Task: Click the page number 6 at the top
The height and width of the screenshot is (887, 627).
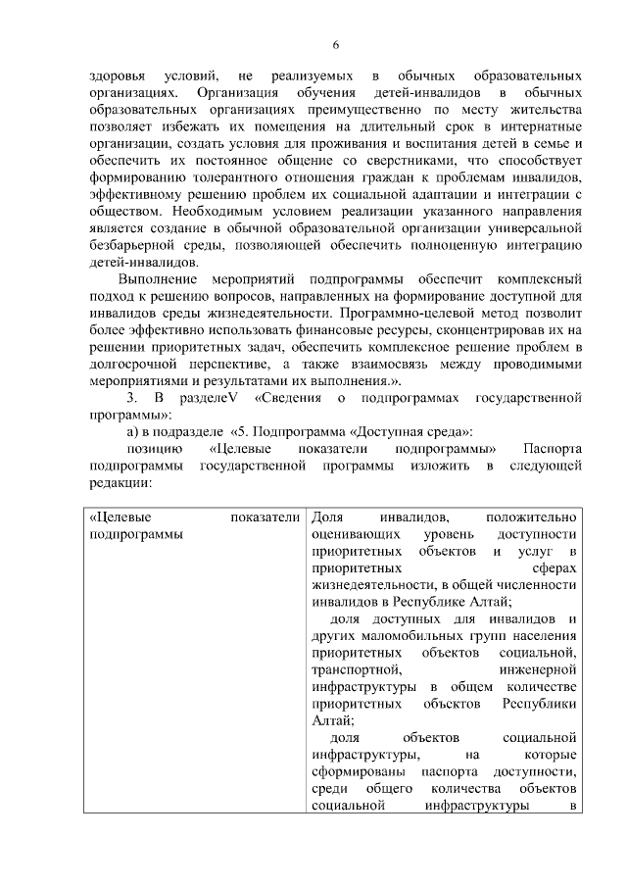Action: tap(335, 45)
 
